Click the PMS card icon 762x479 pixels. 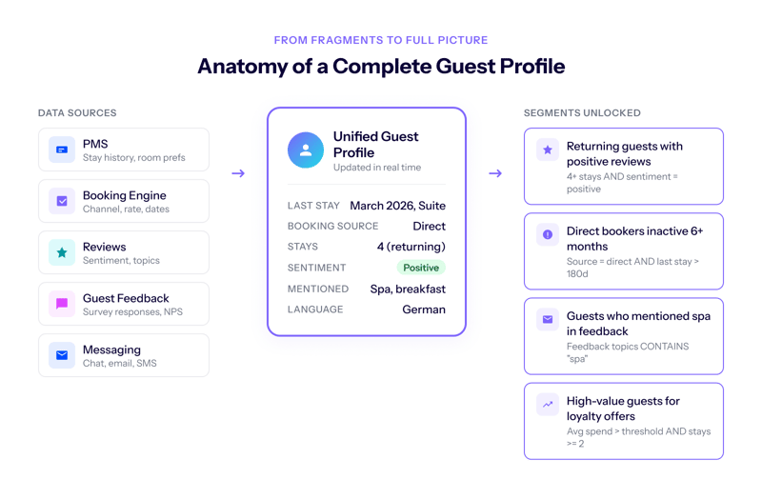point(62,150)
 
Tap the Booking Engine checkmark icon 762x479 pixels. point(62,201)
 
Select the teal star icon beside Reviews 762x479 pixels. point(62,252)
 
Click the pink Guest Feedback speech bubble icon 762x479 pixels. point(62,304)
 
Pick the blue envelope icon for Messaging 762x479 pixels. point(62,355)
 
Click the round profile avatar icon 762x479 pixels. point(306,150)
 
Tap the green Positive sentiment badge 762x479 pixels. point(421,268)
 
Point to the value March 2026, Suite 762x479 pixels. point(397,206)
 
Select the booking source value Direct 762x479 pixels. point(429,227)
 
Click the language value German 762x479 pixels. point(424,309)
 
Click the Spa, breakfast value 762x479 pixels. point(408,289)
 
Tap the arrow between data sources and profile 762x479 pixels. point(238,173)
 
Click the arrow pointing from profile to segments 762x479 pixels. point(494,173)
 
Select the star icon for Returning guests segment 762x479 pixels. point(548,150)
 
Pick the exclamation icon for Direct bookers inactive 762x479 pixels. point(548,234)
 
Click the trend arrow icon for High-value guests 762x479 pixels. point(548,404)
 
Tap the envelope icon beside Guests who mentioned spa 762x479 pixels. point(548,319)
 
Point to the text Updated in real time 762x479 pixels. point(375,168)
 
